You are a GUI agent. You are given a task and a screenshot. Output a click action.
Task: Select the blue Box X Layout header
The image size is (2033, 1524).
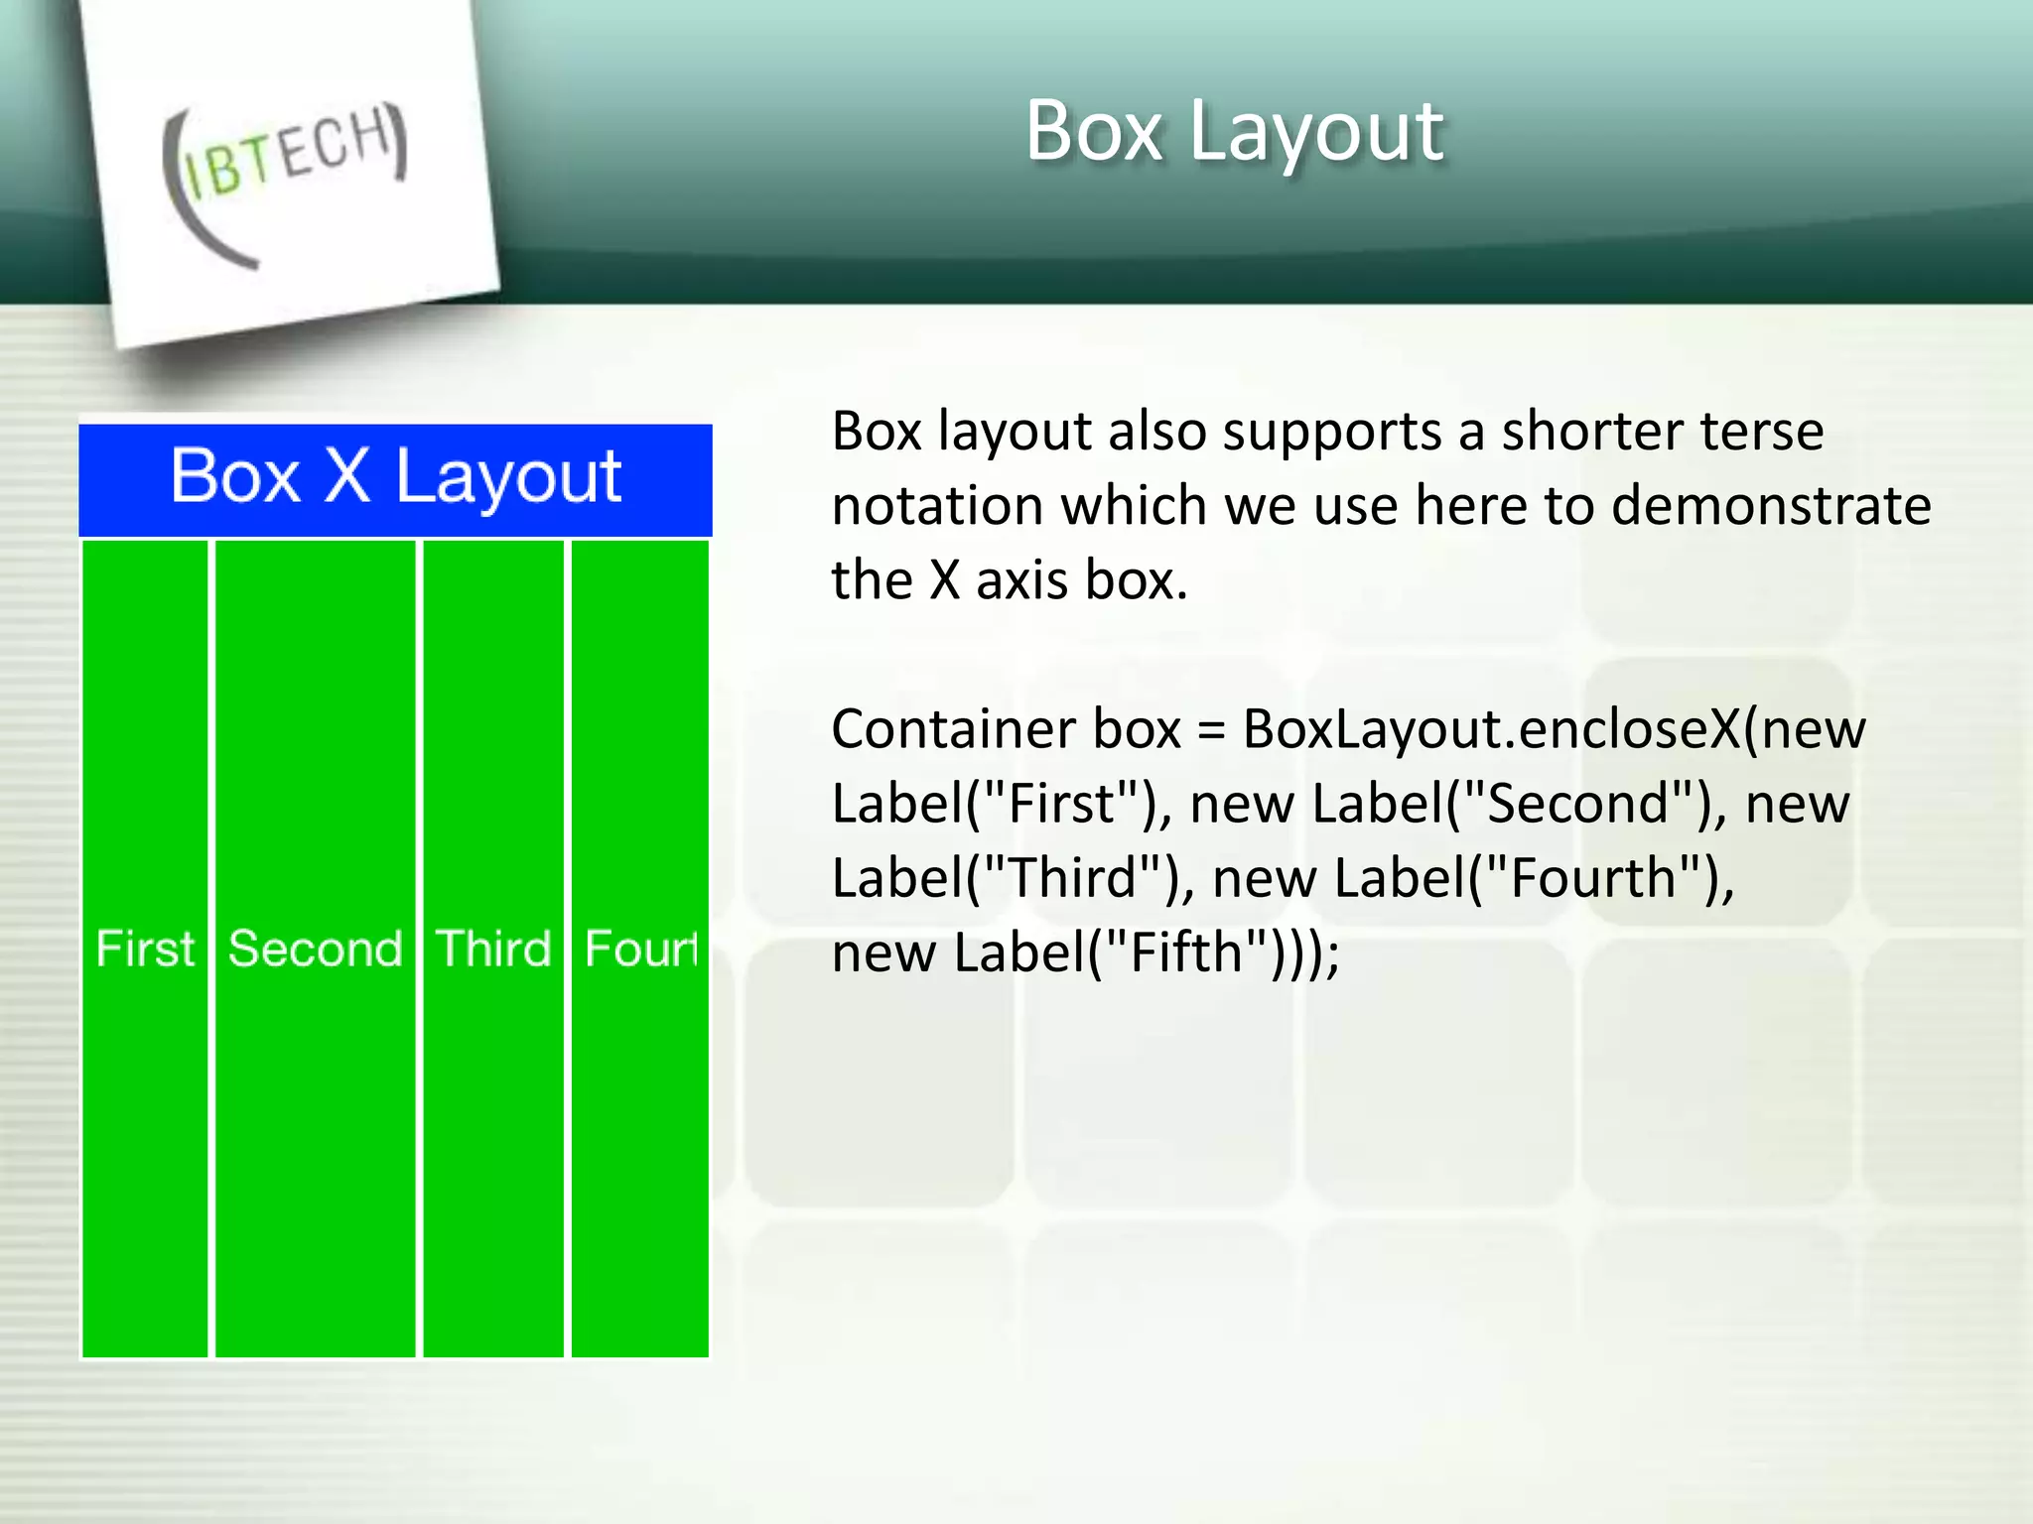(x=395, y=478)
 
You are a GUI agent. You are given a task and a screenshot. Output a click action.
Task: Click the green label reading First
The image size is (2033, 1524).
(x=145, y=949)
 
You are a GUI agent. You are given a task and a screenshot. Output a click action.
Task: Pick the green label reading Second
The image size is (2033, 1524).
(x=316, y=949)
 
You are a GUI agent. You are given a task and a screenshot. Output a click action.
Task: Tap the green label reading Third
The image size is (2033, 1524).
(x=493, y=949)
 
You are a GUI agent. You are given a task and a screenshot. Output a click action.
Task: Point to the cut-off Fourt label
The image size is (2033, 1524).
(x=641, y=949)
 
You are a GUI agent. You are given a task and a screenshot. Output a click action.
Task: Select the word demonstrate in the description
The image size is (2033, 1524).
(x=1771, y=506)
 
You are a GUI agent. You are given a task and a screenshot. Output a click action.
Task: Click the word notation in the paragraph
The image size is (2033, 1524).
(x=937, y=506)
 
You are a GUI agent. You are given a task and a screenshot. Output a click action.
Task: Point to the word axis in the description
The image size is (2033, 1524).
(x=1022, y=580)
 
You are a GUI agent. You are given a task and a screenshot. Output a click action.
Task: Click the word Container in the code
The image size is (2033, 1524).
(x=952, y=729)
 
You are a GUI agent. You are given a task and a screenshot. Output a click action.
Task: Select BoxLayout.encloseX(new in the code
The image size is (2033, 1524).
(x=1554, y=729)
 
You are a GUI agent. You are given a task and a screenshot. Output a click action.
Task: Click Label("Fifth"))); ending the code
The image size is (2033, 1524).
(x=1147, y=952)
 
